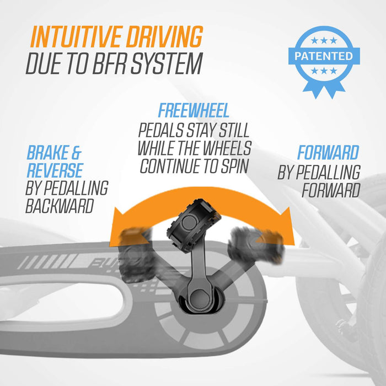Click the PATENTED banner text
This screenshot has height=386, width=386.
tap(324, 56)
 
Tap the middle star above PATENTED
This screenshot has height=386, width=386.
tap(324, 41)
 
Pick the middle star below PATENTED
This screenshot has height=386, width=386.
tap(324, 71)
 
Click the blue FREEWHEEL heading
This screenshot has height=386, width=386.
tap(194, 110)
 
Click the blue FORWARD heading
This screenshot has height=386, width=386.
tap(328, 153)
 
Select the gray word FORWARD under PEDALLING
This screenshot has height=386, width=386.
tap(330, 190)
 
